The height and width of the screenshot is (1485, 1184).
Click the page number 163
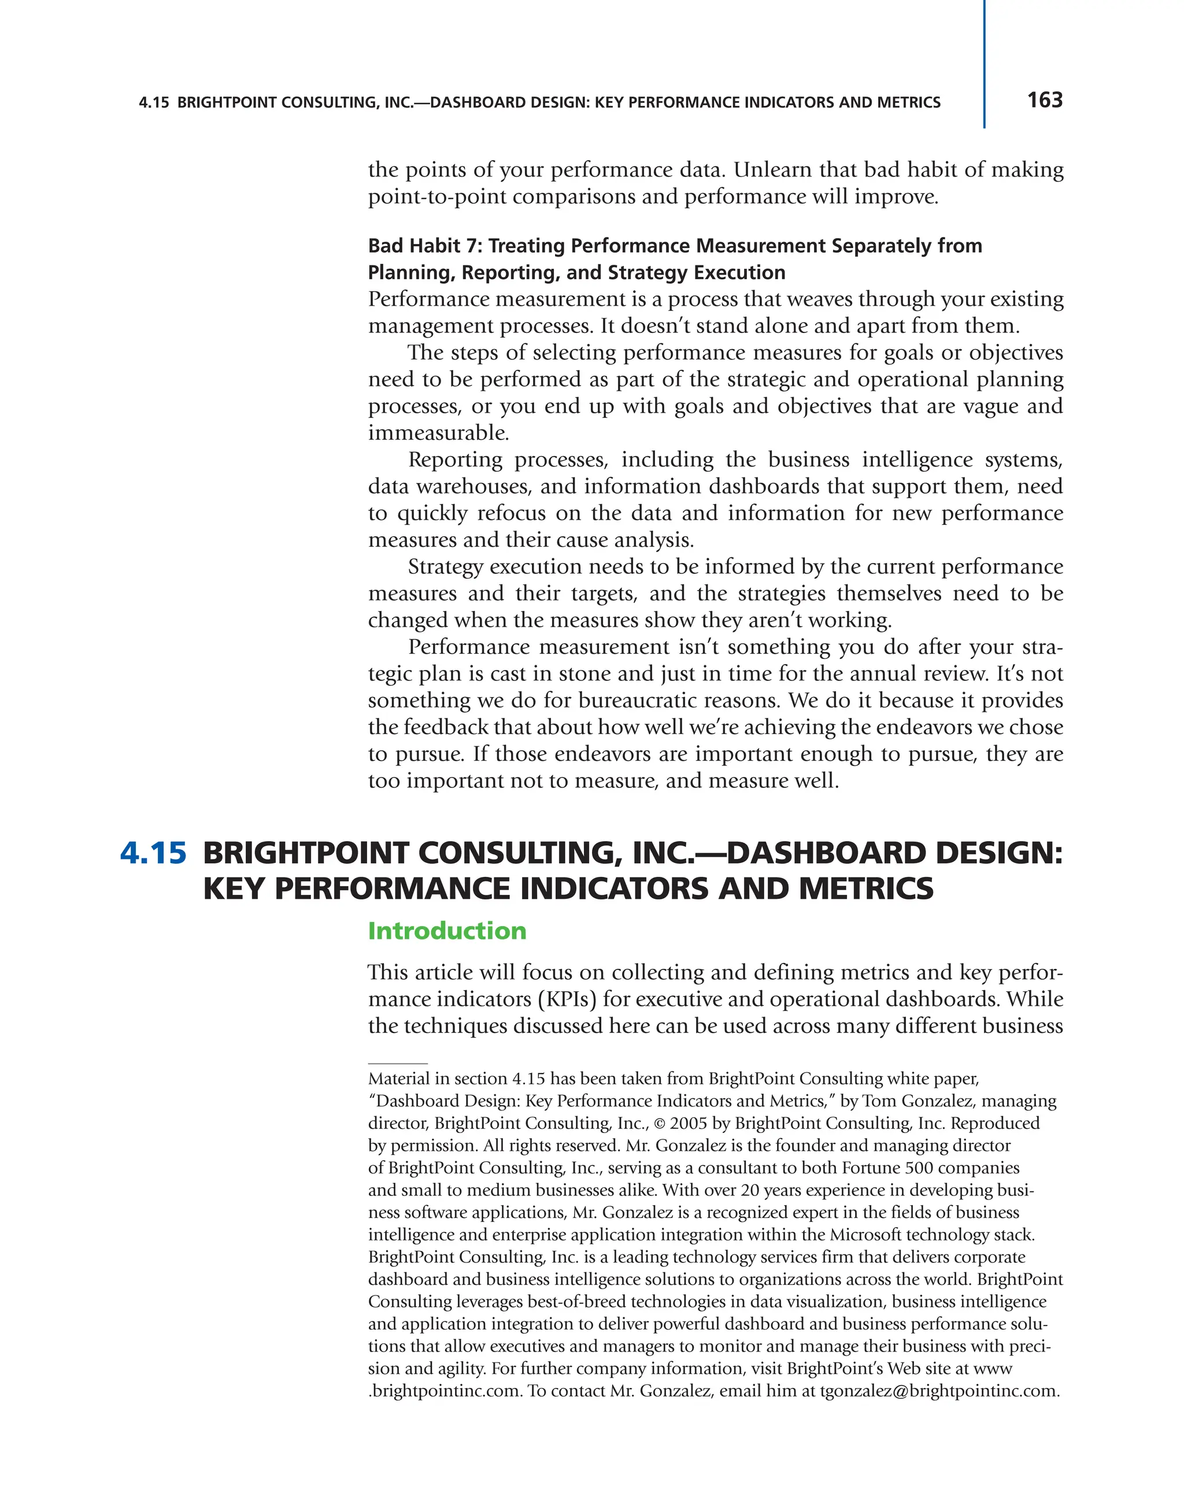[1044, 101]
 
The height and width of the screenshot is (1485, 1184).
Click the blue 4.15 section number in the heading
[153, 853]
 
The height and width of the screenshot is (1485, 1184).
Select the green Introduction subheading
[447, 931]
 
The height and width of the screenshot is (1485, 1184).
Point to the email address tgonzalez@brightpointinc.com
[939, 1391]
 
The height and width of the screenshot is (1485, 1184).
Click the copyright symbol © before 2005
[660, 1123]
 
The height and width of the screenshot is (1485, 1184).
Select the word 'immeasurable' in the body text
[438, 432]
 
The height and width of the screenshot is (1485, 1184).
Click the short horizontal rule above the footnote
[397, 1064]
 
